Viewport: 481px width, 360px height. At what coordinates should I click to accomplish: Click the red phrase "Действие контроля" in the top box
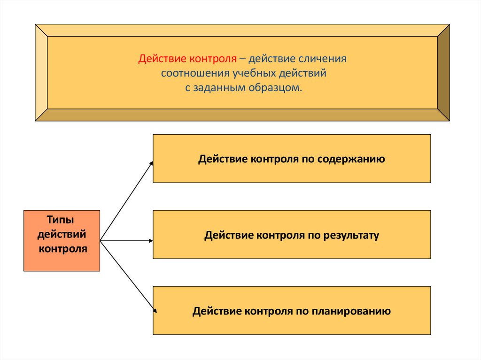pos(186,60)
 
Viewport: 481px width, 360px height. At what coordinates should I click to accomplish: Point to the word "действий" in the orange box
pos(62,234)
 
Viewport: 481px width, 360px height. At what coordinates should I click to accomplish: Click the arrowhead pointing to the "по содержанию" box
pos(151,163)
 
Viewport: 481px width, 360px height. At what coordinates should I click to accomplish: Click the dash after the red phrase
pos(242,60)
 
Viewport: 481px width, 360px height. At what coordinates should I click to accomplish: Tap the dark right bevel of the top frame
pos(443,73)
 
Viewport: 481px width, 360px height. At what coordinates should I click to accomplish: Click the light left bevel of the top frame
pos(41,73)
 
